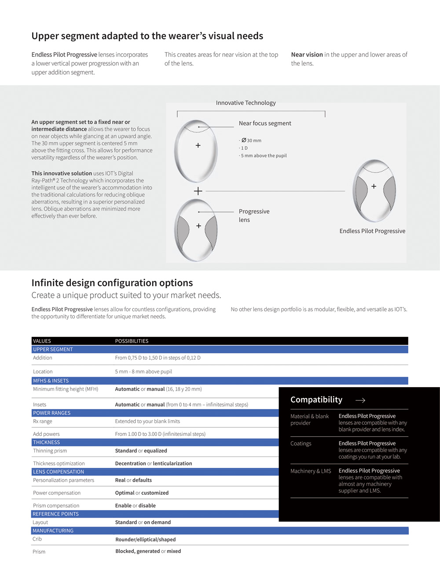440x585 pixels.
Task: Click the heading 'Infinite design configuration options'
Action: pyautogui.click(x=112, y=283)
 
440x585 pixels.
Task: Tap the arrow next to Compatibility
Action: pyautogui.click(x=360, y=400)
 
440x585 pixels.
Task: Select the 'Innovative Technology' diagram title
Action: pyautogui.click(x=246, y=103)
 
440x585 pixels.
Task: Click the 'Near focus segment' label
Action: pyautogui.click(x=265, y=124)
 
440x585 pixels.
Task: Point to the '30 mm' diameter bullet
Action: pyautogui.click(x=251, y=141)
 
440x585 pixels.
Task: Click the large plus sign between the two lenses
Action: pyautogui.click(x=198, y=191)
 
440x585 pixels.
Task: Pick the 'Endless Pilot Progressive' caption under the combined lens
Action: pyautogui.click(x=372, y=231)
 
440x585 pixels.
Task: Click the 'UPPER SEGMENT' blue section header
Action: pyautogui.click(x=53, y=349)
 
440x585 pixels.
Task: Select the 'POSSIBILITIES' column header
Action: pyautogui.click(x=132, y=341)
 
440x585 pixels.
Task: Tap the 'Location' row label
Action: pyautogui.click(x=43, y=372)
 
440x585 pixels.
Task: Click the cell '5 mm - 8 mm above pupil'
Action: pyautogui.click(x=143, y=372)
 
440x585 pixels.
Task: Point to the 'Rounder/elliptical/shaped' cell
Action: pyautogui.click(x=145, y=540)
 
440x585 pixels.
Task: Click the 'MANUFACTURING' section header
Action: pyautogui.click(x=53, y=531)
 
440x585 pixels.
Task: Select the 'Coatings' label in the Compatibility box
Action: pyautogui.click(x=301, y=444)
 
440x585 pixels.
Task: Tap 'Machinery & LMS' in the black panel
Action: pyautogui.click(x=311, y=471)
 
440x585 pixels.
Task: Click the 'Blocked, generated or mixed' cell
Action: pyautogui.click(x=148, y=551)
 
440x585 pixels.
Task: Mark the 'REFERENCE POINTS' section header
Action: pyautogui.click(x=55, y=514)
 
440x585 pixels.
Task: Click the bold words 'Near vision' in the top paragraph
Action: pyautogui.click(x=307, y=55)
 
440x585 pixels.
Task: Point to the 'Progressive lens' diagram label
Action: pyautogui.click(x=254, y=216)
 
